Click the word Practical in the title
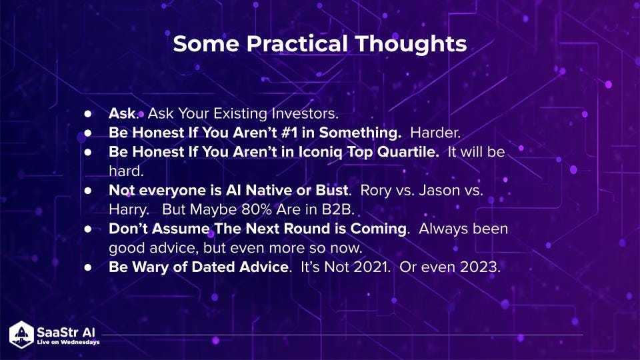(297, 44)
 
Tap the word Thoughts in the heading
(411, 44)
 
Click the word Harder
(435, 133)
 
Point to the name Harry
(129, 210)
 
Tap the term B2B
(338, 210)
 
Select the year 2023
(480, 267)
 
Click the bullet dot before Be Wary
(88, 267)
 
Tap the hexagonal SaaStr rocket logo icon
(21, 335)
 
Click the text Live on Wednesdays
(68, 342)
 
